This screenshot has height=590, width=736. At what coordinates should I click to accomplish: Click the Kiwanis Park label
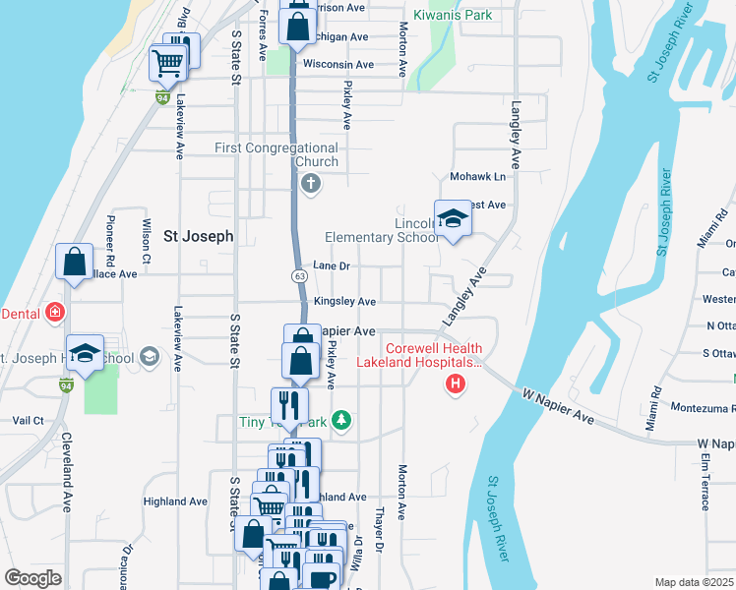(453, 16)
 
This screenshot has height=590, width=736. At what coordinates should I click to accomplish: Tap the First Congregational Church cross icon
(311, 184)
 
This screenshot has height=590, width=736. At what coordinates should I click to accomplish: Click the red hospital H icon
(455, 383)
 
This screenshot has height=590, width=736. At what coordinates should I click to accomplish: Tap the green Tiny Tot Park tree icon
(341, 421)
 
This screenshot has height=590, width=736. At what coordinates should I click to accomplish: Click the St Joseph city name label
(198, 236)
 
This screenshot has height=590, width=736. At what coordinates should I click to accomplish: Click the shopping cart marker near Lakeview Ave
(167, 64)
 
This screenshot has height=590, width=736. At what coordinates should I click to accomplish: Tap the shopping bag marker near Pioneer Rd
(74, 263)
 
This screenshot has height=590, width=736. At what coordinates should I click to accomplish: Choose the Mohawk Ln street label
(477, 177)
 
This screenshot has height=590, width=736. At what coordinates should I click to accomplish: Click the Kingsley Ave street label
(344, 302)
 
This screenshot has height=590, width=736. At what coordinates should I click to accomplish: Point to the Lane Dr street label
(332, 266)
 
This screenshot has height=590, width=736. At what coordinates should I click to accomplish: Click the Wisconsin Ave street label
(338, 65)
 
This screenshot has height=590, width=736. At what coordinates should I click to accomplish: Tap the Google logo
(32, 578)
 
